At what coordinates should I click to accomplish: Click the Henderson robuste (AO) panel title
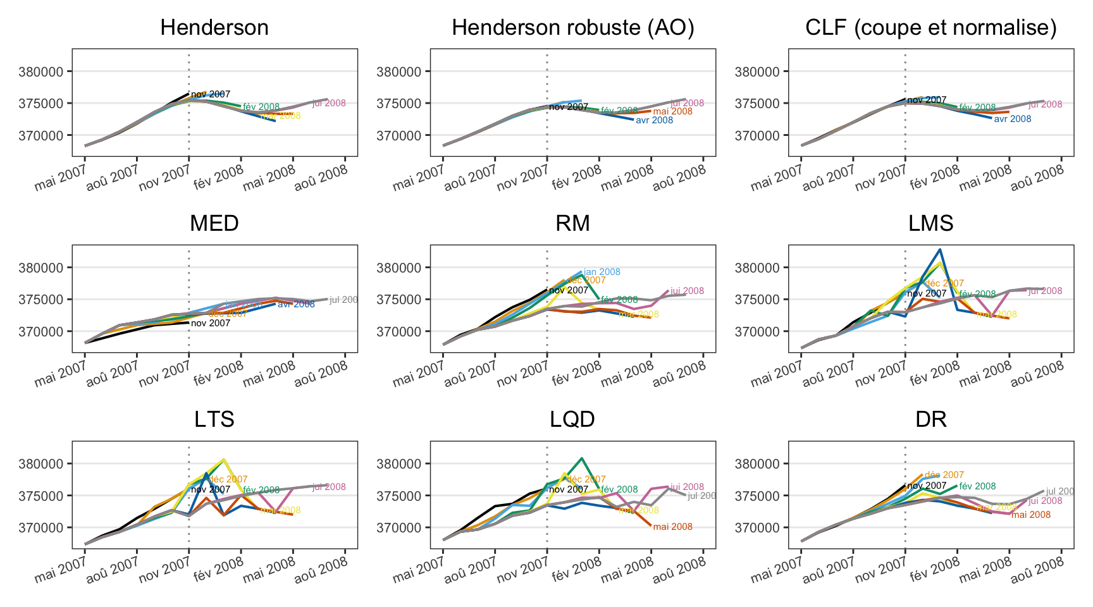pos(572,28)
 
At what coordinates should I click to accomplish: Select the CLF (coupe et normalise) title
pos(930,28)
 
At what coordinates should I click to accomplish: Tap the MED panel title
pos(214,224)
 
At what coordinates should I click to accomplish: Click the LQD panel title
pos(572,420)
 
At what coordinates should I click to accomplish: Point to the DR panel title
pos(930,420)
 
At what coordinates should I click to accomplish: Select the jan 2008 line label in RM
pos(602,272)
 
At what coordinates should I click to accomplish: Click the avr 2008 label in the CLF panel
pos(1012,119)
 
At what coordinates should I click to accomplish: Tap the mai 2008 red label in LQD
pos(672,527)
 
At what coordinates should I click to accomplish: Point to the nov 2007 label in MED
pos(211,323)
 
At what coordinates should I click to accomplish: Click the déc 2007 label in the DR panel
pos(944,475)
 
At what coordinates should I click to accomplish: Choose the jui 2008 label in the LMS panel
pos(1045,291)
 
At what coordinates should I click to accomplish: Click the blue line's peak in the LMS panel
pos(940,249)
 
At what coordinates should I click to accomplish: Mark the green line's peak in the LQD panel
pos(581,458)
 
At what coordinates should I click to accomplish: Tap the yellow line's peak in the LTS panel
pos(224,459)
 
